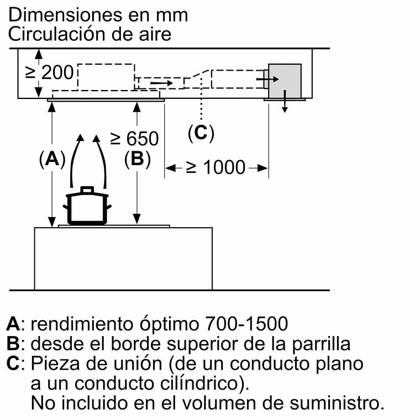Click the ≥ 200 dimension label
(50, 72)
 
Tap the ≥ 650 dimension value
(134, 138)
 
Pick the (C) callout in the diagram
(201, 133)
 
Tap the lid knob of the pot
(87, 190)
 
